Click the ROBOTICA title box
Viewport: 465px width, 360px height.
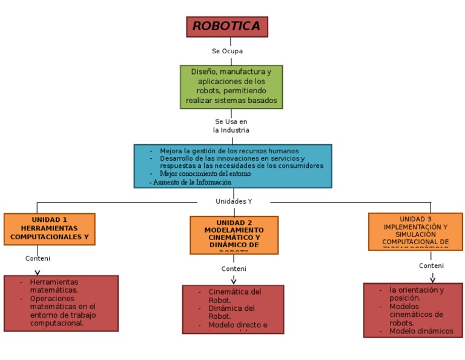pyautogui.click(x=226, y=27)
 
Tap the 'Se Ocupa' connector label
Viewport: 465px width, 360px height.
pyautogui.click(x=227, y=52)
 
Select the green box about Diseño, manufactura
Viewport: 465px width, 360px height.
pyautogui.click(x=231, y=87)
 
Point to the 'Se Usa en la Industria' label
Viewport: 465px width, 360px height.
pyautogui.click(x=231, y=126)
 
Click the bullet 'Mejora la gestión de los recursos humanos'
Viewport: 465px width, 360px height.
pyautogui.click(x=229, y=151)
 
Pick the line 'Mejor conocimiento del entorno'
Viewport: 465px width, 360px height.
pyautogui.click(x=205, y=174)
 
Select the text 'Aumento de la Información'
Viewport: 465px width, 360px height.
pyautogui.click(x=191, y=182)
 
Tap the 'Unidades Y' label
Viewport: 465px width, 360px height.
pyautogui.click(x=234, y=201)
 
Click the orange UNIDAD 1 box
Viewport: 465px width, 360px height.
pyautogui.click(x=49, y=228)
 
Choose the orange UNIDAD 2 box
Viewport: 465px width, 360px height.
pyautogui.click(x=234, y=235)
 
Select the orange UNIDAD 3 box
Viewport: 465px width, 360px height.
pyautogui.click(x=415, y=231)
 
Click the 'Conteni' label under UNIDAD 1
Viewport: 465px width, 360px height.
pyautogui.click(x=38, y=258)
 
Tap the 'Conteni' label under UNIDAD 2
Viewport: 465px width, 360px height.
pyautogui.click(x=234, y=268)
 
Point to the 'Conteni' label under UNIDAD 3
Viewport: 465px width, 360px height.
pyautogui.click(x=431, y=265)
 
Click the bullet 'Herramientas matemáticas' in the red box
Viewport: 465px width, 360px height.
pyautogui.click(x=54, y=286)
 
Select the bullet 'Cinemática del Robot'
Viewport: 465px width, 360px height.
pyautogui.click(x=234, y=296)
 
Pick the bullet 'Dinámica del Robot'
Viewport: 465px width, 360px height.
pyautogui.click(x=231, y=312)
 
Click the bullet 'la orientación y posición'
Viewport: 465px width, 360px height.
pyautogui.click(x=416, y=294)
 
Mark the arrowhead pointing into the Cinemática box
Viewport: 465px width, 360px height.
pyautogui.click(x=234, y=281)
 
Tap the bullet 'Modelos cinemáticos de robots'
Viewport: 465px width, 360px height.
pyautogui.click(x=416, y=315)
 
